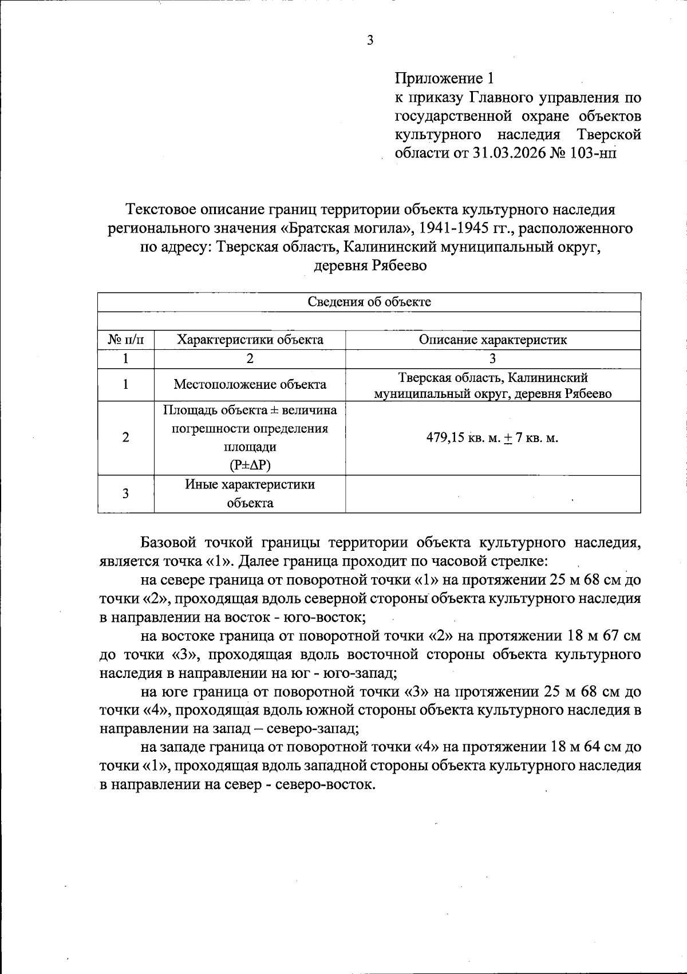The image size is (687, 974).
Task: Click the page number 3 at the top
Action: pos(370,41)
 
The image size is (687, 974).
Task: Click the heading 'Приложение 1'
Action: pos(444,78)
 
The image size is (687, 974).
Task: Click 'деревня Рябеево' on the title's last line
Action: pos(370,266)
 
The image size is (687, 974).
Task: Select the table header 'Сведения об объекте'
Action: pos(369,302)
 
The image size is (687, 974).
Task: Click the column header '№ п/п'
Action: pos(126,340)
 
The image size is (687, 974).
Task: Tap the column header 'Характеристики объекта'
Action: pos(250,340)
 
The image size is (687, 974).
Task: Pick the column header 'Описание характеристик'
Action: pos(492,340)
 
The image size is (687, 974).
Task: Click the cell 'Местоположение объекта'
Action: pos(250,384)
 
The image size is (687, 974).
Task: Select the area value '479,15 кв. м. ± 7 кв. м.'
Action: pos(492,438)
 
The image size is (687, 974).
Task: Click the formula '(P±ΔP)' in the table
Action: pos(250,465)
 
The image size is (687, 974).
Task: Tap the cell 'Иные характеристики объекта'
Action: pos(250,494)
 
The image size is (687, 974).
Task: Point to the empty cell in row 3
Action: pos(492,494)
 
